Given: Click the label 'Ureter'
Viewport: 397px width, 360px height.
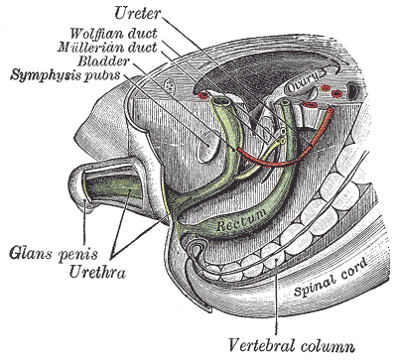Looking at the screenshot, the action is pos(138,14).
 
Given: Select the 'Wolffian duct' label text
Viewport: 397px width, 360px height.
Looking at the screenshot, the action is pos(114,34).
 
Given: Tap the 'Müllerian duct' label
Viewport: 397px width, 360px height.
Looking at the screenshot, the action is pos(106,48).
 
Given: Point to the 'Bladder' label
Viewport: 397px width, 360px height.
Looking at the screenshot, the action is pos(104,61).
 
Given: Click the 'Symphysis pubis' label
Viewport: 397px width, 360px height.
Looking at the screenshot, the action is pos(66,75).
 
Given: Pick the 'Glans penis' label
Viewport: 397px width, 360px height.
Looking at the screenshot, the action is pos(54,255).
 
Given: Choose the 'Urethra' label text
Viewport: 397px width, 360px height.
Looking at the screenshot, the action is pos(97,273).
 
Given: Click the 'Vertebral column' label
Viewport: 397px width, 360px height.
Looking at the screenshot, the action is pos(292,345).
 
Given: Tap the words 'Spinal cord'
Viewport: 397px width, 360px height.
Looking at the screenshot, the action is pos(331,277).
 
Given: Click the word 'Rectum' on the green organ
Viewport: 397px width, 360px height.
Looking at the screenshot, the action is pos(241,220).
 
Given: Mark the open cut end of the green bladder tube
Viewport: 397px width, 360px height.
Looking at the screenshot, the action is pos(222,102).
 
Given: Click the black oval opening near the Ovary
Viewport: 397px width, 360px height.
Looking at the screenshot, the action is pos(351,90).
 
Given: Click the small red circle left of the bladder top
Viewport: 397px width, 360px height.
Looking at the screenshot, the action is pos(202,95).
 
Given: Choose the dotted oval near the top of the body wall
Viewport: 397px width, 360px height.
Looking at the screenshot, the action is pos(171,85).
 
